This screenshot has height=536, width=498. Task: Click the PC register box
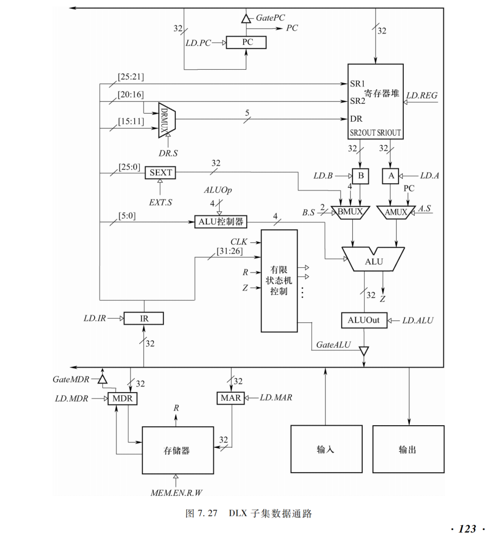246,42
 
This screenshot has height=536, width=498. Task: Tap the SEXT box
160,173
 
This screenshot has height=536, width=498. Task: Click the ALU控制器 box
220,221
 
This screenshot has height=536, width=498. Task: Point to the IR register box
143,318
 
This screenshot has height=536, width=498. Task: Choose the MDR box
123,399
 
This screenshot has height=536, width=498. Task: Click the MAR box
230,399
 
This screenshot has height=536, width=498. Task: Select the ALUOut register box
363,320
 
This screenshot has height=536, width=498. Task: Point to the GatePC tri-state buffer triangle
246,19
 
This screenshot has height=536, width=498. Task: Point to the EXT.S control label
160,201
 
